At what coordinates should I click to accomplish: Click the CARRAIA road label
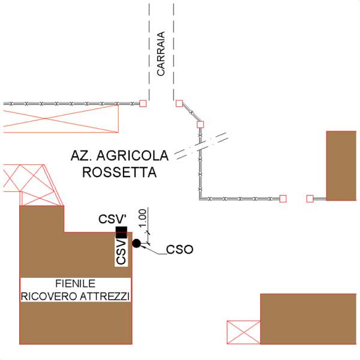[x=161, y=54]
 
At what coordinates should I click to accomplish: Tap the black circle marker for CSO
[x=137, y=244]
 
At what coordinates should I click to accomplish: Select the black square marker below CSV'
[x=121, y=232]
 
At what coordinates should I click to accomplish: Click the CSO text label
[x=179, y=250]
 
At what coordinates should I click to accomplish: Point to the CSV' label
[x=113, y=219]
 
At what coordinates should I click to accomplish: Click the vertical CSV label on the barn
[x=121, y=252]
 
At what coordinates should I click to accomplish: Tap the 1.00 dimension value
[x=143, y=217]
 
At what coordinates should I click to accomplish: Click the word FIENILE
[x=76, y=284]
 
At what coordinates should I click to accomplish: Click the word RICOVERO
[x=49, y=296]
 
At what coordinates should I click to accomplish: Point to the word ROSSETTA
[x=119, y=172]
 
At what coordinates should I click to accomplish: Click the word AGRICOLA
[x=133, y=155]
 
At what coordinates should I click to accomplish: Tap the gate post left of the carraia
[x=143, y=104]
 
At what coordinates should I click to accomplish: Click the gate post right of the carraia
[x=179, y=104]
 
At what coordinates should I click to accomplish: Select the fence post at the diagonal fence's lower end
[x=200, y=125]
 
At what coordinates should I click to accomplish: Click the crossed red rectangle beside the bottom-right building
[x=244, y=332]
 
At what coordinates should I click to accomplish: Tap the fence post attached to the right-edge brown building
[x=310, y=199]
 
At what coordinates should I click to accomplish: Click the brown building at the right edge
[x=341, y=166]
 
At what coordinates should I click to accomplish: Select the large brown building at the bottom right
[x=308, y=319]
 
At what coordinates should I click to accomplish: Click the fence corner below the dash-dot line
[x=200, y=199]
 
